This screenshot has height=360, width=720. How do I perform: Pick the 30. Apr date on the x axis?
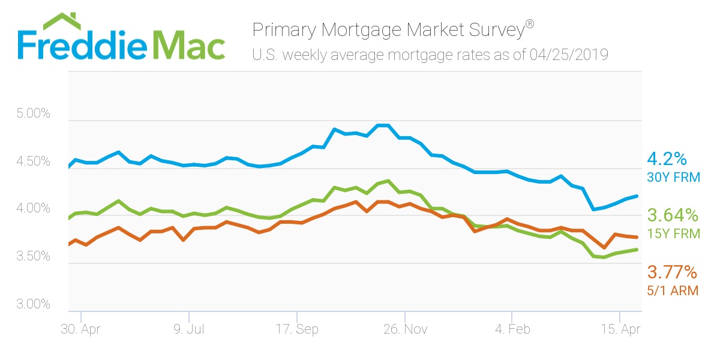80,329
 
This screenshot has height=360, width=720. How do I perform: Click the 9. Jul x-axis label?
188,329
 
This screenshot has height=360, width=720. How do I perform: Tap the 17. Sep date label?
296,329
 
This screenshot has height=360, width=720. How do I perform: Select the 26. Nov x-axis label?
405,329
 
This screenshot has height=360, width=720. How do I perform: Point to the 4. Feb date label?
512,329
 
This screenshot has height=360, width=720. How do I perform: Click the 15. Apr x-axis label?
620,329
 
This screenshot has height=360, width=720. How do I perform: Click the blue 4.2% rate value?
666,159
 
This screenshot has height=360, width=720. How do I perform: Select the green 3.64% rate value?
673,215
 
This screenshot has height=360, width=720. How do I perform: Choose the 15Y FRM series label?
673,233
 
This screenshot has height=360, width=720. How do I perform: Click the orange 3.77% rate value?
672,273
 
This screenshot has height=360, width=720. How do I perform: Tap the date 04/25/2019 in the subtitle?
569,55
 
